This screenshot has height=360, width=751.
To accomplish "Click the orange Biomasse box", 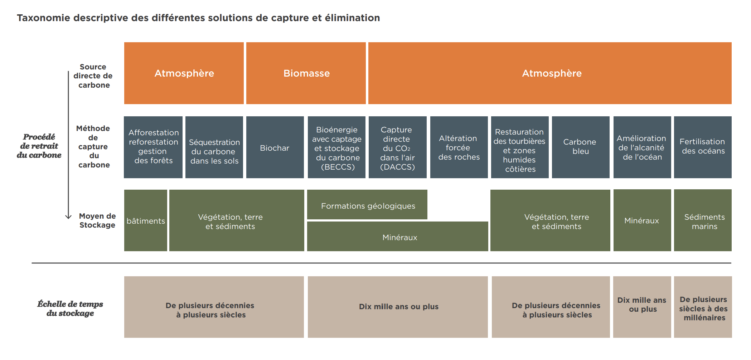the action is point(306,73).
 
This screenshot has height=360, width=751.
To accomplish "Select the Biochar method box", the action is point(275,147).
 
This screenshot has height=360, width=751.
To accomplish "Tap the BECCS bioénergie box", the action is point(336,147).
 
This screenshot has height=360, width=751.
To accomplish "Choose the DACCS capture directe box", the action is point(398,147).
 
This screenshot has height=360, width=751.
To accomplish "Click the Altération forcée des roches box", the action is point(459,147).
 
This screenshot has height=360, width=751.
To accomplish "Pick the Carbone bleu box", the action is point(581,147).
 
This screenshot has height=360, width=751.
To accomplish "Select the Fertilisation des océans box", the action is point(703,147).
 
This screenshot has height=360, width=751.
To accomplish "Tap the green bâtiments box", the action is point(146,220).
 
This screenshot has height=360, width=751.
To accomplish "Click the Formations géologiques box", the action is point(367,204).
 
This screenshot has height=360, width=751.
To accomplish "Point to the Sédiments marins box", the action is point(703,220).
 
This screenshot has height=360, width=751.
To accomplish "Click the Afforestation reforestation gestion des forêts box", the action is point(153,147).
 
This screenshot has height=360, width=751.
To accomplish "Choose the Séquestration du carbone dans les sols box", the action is point(214,147).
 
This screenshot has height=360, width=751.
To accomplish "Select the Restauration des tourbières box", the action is point(520,147).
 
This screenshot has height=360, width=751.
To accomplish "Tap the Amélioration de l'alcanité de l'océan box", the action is point(642,147).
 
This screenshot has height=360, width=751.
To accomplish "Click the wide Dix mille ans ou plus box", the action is point(398,307).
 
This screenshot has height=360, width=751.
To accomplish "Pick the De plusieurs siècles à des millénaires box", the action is point(703,307).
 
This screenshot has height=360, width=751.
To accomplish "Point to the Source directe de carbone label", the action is point(93,76).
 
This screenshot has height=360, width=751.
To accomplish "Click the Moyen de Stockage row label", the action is point(97,220).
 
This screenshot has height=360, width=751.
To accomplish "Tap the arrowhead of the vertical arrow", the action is point(68,217).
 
